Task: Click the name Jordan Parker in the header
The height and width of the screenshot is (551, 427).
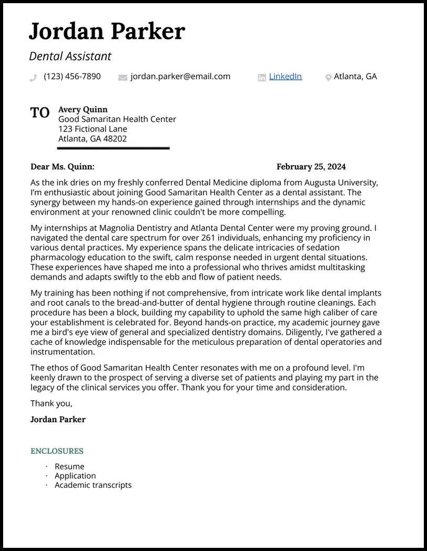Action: (x=107, y=32)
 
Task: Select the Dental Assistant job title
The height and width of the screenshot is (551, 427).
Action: (x=70, y=56)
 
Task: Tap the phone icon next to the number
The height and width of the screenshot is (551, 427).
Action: (x=34, y=78)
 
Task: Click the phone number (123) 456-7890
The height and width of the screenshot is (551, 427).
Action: (x=72, y=76)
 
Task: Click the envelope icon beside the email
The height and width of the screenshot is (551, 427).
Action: (x=123, y=78)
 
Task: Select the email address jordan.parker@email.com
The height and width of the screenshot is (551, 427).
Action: (x=180, y=76)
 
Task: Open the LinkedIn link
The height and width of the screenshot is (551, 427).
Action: (x=285, y=76)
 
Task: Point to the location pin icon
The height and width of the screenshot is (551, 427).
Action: (x=328, y=78)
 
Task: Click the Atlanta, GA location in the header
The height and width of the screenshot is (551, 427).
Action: (x=355, y=76)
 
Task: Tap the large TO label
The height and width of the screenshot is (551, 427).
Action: (x=40, y=113)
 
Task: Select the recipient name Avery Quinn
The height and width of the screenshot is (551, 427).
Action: (x=83, y=109)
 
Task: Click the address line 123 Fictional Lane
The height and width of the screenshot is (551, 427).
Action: (x=93, y=129)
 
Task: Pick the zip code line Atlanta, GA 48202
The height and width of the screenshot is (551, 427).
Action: (x=93, y=139)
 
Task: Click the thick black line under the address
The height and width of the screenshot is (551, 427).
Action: (x=113, y=148)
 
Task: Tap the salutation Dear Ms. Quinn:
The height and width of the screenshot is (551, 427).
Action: (x=63, y=167)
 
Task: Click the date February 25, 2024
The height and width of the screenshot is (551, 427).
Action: (x=311, y=167)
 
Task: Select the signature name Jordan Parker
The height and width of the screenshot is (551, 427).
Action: (x=58, y=419)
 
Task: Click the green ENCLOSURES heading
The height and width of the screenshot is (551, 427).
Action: (x=57, y=451)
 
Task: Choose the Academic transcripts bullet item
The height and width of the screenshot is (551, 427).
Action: (x=93, y=485)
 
